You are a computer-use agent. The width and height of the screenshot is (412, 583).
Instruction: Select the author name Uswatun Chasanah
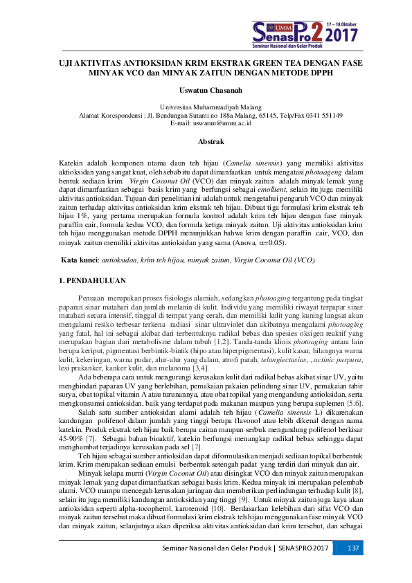click(205, 89)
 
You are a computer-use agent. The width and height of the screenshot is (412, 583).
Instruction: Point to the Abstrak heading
click(205, 141)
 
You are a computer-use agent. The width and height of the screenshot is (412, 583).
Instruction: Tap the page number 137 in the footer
click(353, 568)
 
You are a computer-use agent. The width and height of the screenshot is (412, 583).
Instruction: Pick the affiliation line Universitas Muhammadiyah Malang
click(205, 108)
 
